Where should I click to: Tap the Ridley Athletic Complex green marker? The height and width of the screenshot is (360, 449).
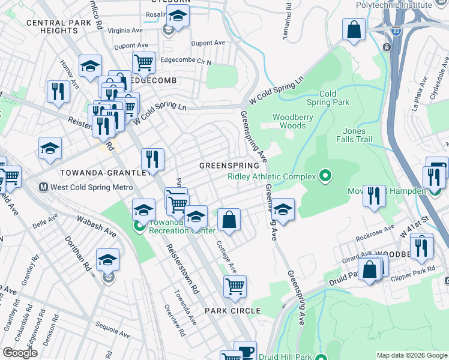[x=325, y=176]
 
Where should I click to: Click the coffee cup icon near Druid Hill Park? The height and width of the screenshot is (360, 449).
[x=245, y=351]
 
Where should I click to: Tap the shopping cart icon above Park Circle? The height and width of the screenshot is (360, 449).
[x=235, y=286]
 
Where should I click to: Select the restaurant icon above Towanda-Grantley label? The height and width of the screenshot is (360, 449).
[x=152, y=158]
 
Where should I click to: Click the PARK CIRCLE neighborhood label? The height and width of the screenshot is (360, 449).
[x=232, y=310]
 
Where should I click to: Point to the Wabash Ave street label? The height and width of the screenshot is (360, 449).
[x=96, y=226]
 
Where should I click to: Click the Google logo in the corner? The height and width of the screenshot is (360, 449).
[x=20, y=352]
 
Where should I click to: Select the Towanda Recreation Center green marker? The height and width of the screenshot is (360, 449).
[x=139, y=226]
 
